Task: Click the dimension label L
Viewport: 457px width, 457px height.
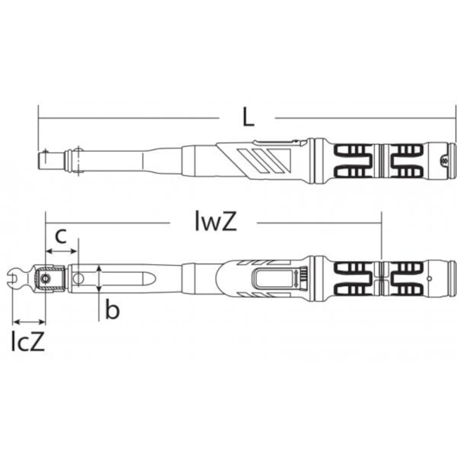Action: (x=248, y=117)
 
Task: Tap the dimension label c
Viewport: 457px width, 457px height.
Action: (x=61, y=236)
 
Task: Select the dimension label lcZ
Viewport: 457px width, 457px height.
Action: (x=28, y=341)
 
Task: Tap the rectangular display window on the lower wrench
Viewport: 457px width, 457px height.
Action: (x=274, y=278)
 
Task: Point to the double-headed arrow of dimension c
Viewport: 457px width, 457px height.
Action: (x=61, y=251)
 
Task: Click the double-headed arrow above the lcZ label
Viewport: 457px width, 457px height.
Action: (x=30, y=322)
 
